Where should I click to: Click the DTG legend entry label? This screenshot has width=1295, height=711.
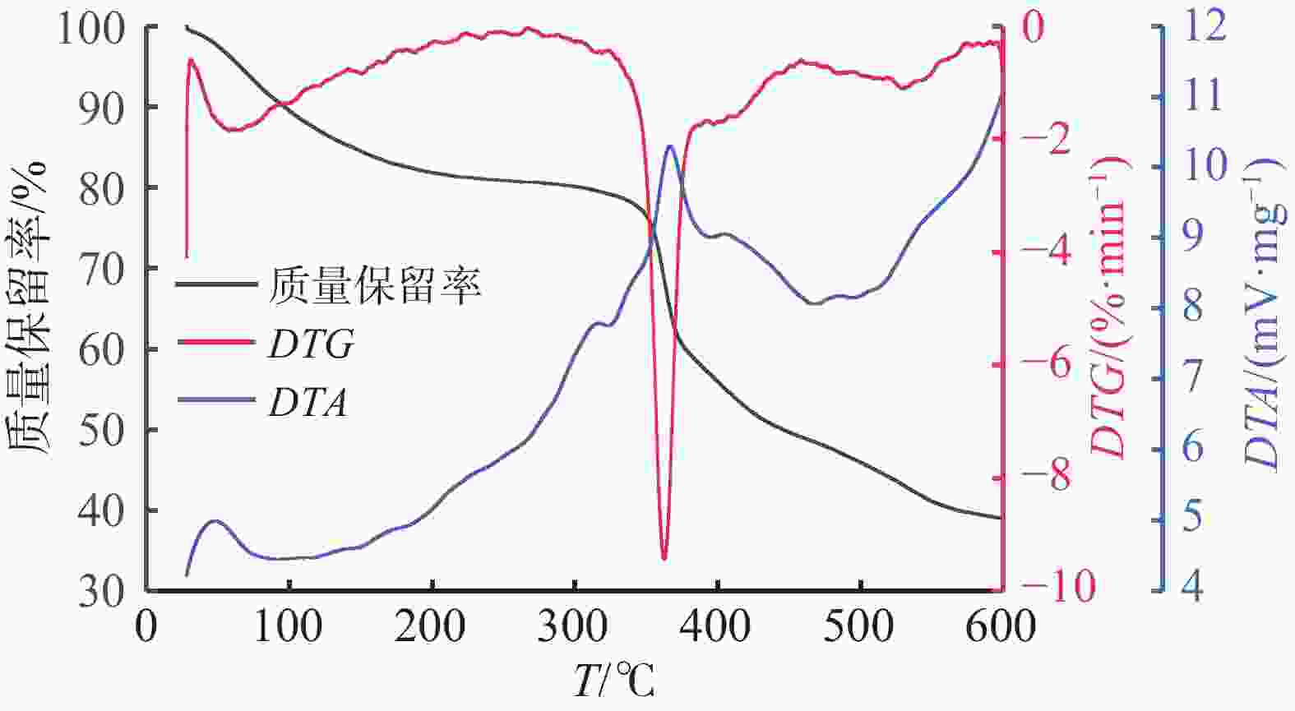[311, 345]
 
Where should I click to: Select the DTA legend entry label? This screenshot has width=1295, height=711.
[308, 404]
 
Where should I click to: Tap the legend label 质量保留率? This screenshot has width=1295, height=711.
[374, 285]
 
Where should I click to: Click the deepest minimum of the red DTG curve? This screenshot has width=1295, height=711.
[664, 559]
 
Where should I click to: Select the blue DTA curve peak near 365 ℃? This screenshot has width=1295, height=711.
[670, 146]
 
